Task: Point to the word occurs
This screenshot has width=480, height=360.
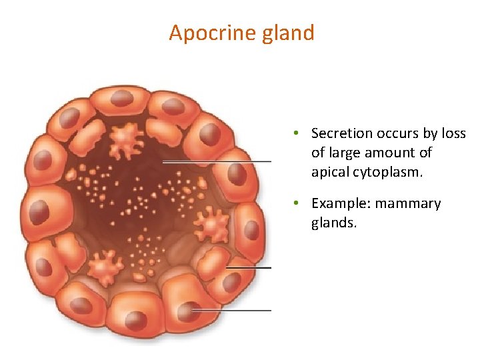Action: [x=397, y=134]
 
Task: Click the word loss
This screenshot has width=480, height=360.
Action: [x=453, y=134]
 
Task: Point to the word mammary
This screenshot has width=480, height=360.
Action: [x=409, y=203]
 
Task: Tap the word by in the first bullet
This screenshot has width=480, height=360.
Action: [x=432, y=134]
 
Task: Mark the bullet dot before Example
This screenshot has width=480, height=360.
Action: [x=294, y=203]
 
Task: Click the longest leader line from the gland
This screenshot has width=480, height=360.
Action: [x=217, y=161]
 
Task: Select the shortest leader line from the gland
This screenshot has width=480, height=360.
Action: [x=249, y=268]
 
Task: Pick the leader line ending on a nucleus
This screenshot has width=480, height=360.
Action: [x=232, y=310]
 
